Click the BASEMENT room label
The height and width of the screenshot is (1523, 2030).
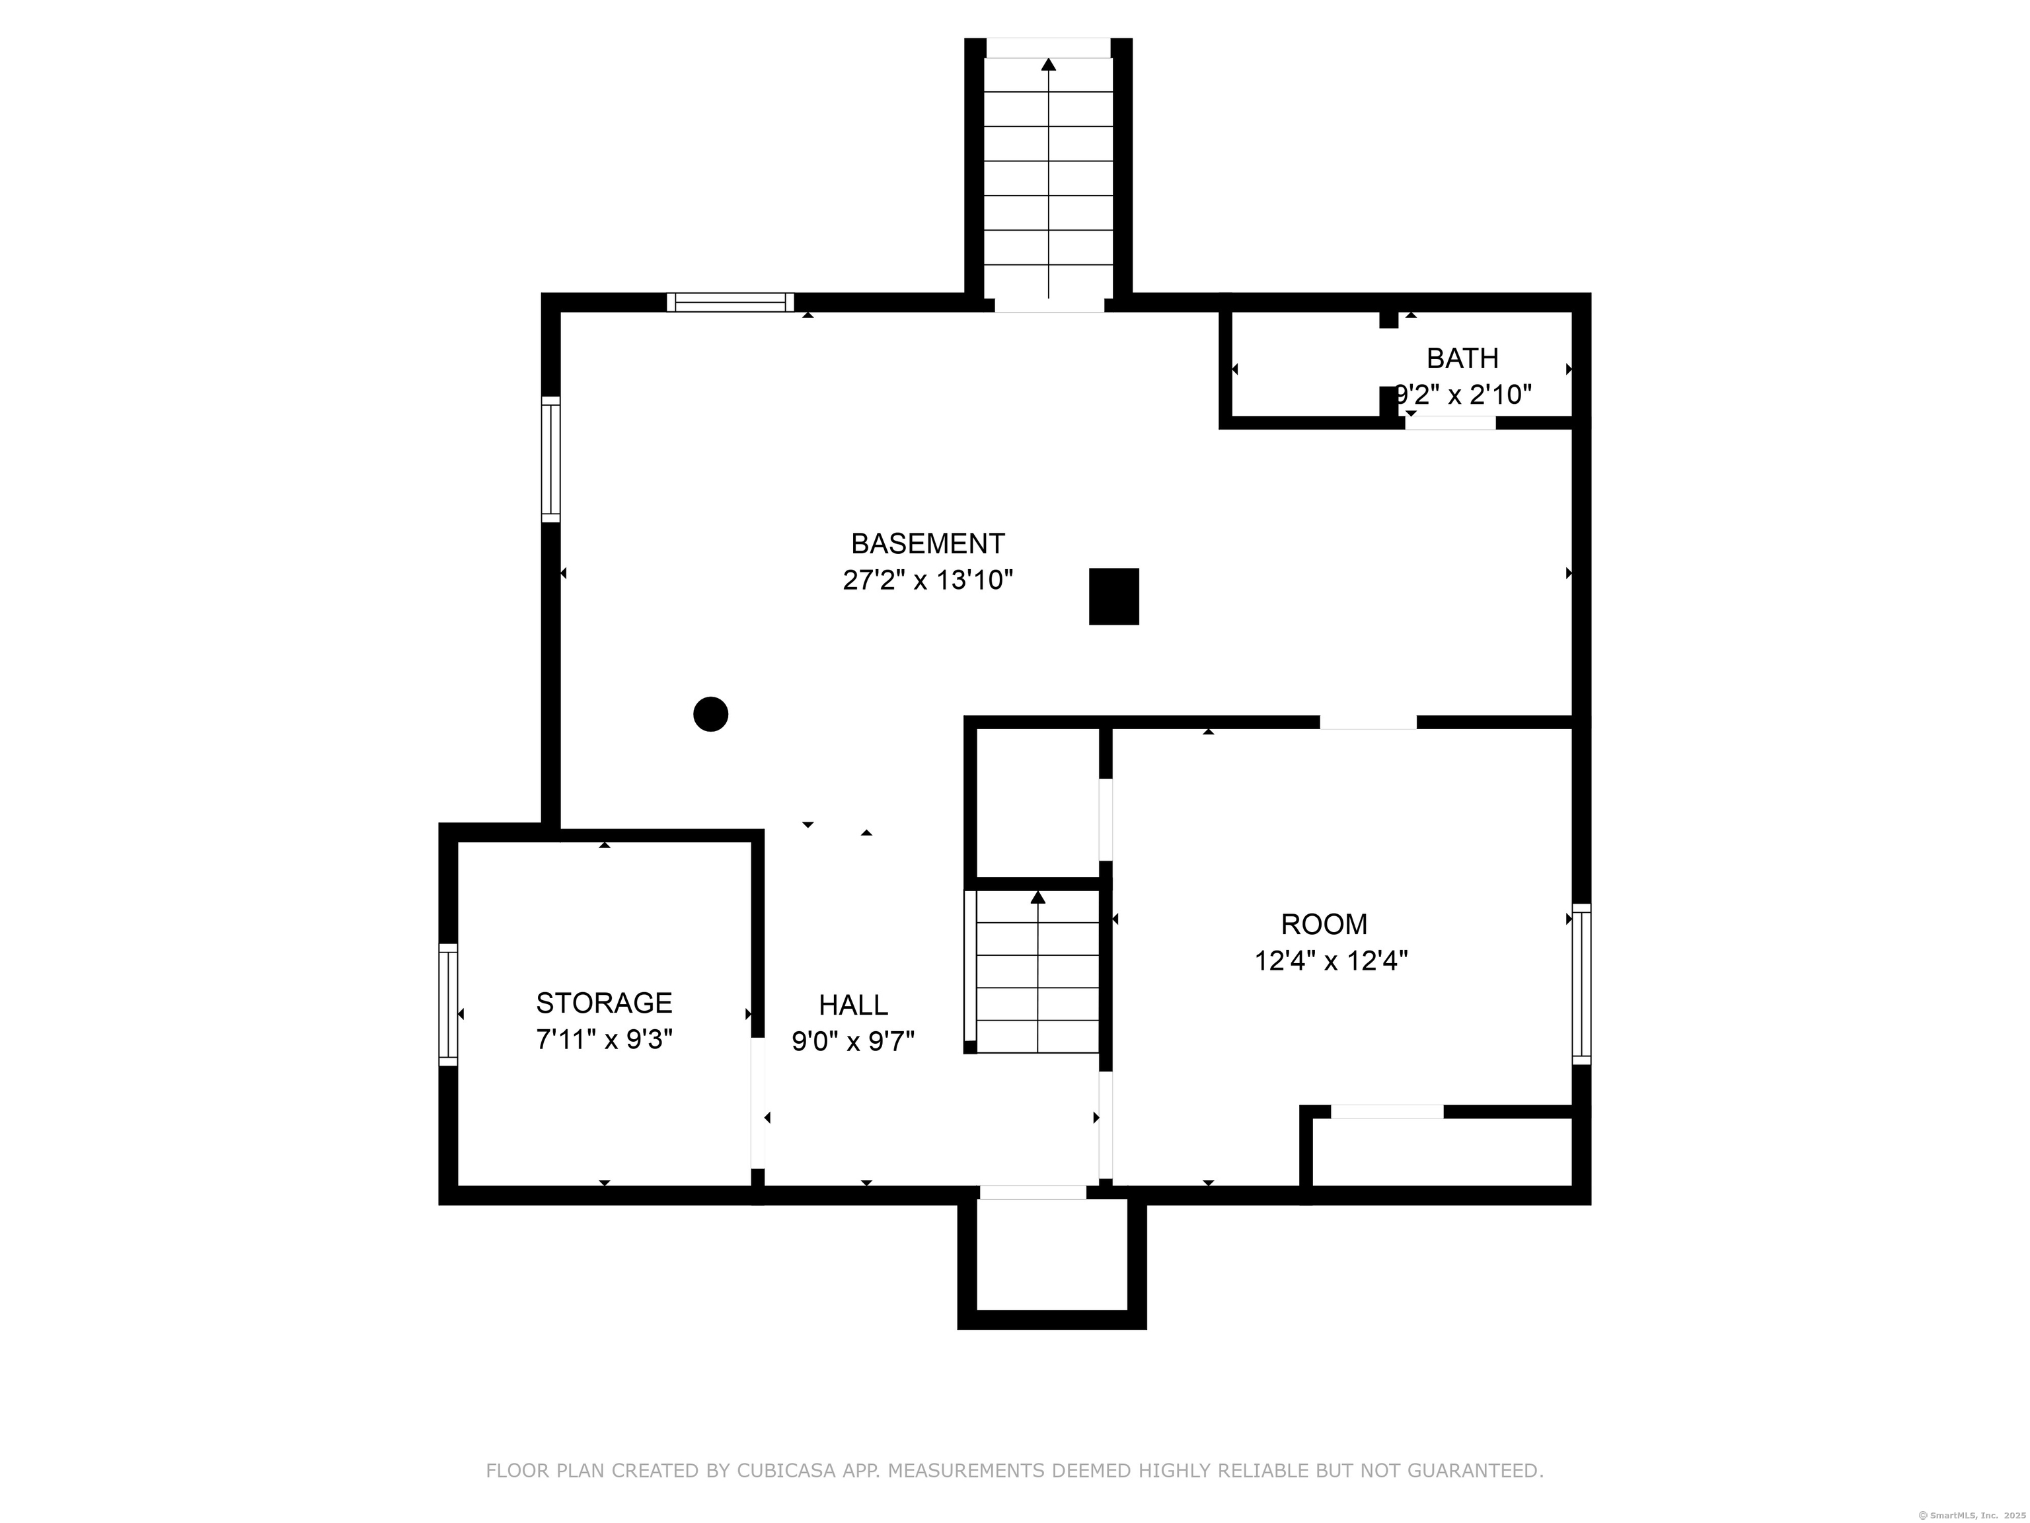pyautogui.click(x=928, y=543)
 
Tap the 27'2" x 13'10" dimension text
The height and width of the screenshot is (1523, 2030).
pyautogui.click(x=928, y=580)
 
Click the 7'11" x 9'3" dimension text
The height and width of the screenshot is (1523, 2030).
pyautogui.click(x=604, y=1039)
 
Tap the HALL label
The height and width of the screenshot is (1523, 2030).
pyautogui.click(x=854, y=1005)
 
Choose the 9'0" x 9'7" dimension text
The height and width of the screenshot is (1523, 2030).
pyautogui.click(x=854, y=1042)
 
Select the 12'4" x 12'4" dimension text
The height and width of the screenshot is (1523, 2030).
pyautogui.click(x=1332, y=960)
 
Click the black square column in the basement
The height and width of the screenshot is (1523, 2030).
pyautogui.click(x=1114, y=597)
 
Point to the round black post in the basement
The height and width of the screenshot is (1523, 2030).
pyautogui.click(x=710, y=714)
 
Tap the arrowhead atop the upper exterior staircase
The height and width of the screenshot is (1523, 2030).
pyautogui.click(x=1048, y=64)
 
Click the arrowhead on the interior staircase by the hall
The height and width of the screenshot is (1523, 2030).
pyautogui.click(x=1038, y=897)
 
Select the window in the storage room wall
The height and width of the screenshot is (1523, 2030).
pyautogui.click(x=448, y=1004)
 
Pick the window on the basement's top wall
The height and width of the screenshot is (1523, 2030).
pyautogui.click(x=730, y=302)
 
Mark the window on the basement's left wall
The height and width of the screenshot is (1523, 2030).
pyautogui.click(x=550, y=459)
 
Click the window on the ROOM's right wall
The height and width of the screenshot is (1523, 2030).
pyautogui.click(x=1581, y=984)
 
